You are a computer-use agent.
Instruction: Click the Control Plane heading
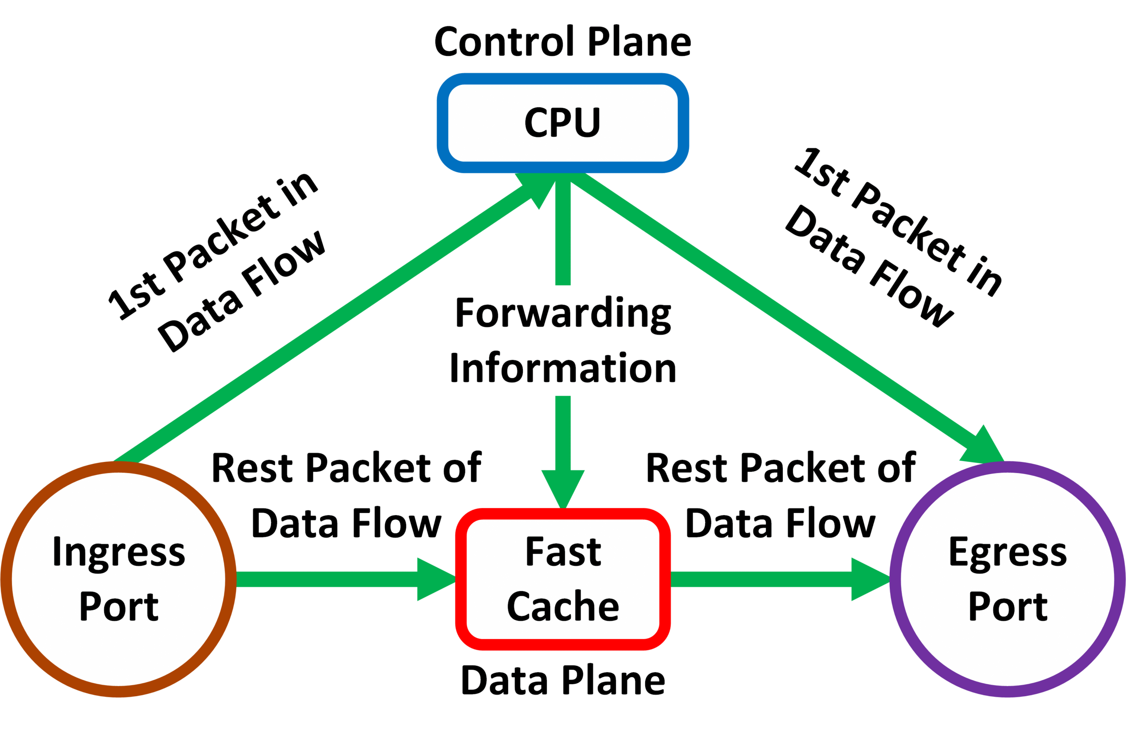563,42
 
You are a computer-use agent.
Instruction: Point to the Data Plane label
563,680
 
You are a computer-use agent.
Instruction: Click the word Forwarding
563,313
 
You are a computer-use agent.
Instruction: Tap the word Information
563,368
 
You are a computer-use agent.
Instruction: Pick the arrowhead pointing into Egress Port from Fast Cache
870,580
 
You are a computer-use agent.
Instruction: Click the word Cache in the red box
563,607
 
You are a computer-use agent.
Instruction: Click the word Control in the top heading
504,42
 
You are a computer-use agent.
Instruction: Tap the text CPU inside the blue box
563,122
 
